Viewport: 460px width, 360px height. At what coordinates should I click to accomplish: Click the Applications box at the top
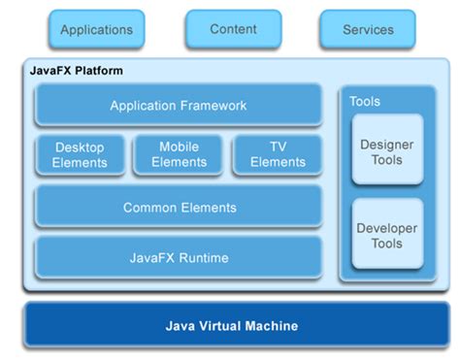pos(95,30)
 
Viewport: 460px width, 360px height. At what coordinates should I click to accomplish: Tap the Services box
pos(368,30)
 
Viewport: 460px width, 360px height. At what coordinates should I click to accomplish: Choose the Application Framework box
pos(179,106)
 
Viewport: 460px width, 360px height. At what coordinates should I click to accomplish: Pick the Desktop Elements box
pos(81,155)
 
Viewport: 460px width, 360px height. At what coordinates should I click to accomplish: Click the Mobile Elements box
pos(179,155)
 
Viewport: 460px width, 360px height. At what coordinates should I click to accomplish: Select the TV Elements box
pos(278,155)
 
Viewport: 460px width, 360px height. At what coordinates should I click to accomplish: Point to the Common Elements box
pos(179,208)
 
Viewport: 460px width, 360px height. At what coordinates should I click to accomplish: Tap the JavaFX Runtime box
pos(179,258)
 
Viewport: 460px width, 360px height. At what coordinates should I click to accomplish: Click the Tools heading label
pos(364,101)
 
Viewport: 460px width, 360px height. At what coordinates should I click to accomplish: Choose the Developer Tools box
pos(387,233)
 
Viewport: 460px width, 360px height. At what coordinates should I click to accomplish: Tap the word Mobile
pos(179,147)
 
